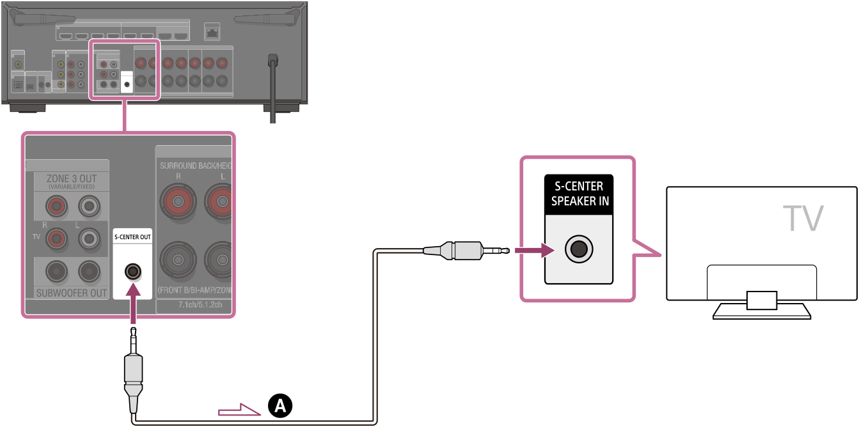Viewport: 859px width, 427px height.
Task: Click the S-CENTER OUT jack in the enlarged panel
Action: pyautogui.click(x=133, y=271)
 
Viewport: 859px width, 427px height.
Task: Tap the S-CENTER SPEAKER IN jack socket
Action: pyautogui.click(x=578, y=249)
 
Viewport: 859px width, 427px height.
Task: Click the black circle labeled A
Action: pyautogui.click(x=280, y=405)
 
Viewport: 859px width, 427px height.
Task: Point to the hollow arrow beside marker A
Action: pyautogui.click(x=240, y=408)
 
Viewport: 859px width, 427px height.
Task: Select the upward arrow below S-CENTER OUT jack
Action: pyautogui.click(x=133, y=306)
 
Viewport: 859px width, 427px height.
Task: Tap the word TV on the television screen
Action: pyautogui.click(x=804, y=219)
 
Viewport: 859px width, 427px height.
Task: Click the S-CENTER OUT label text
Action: pyautogui.click(x=133, y=237)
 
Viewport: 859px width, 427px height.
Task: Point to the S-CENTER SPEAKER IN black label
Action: pyautogui.click(x=578, y=194)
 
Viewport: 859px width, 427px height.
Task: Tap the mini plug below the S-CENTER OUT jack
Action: pyautogui.click(x=133, y=371)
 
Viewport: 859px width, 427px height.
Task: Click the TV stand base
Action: pyautogui.click(x=761, y=311)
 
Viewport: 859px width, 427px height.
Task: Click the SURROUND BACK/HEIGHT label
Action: pyautogui.click(x=195, y=166)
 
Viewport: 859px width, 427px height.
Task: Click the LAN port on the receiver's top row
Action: pyautogui.click(x=212, y=29)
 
